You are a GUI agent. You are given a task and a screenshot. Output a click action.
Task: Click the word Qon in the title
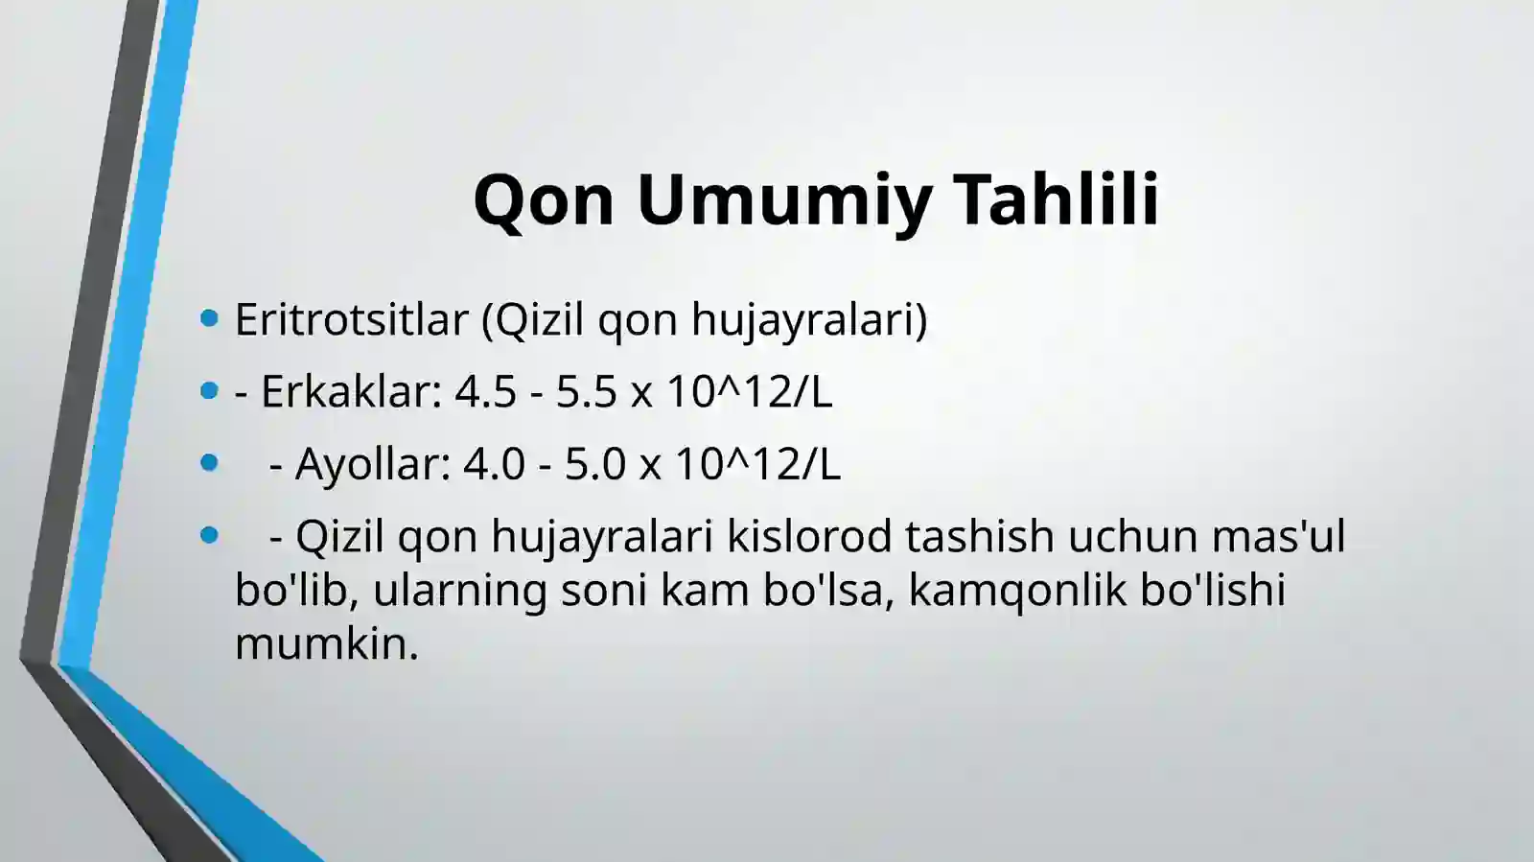(544, 199)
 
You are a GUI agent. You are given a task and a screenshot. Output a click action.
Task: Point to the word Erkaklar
(351, 391)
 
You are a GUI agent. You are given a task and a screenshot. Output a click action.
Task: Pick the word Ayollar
(372, 464)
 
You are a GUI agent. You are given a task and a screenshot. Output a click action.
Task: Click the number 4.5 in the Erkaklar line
(486, 391)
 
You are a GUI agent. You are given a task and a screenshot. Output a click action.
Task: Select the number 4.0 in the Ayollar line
(494, 464)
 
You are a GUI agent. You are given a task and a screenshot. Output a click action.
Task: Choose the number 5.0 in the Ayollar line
(594, 464)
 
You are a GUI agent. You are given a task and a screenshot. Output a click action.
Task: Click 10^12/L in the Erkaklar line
(749, 391)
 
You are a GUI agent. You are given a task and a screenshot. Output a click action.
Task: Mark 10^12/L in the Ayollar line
(757, 464)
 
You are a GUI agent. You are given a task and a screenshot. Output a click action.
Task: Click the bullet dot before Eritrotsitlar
(210, 318)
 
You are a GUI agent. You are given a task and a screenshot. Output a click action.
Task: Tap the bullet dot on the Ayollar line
(210, 463)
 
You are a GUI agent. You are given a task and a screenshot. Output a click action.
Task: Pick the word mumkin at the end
(326, 643)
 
